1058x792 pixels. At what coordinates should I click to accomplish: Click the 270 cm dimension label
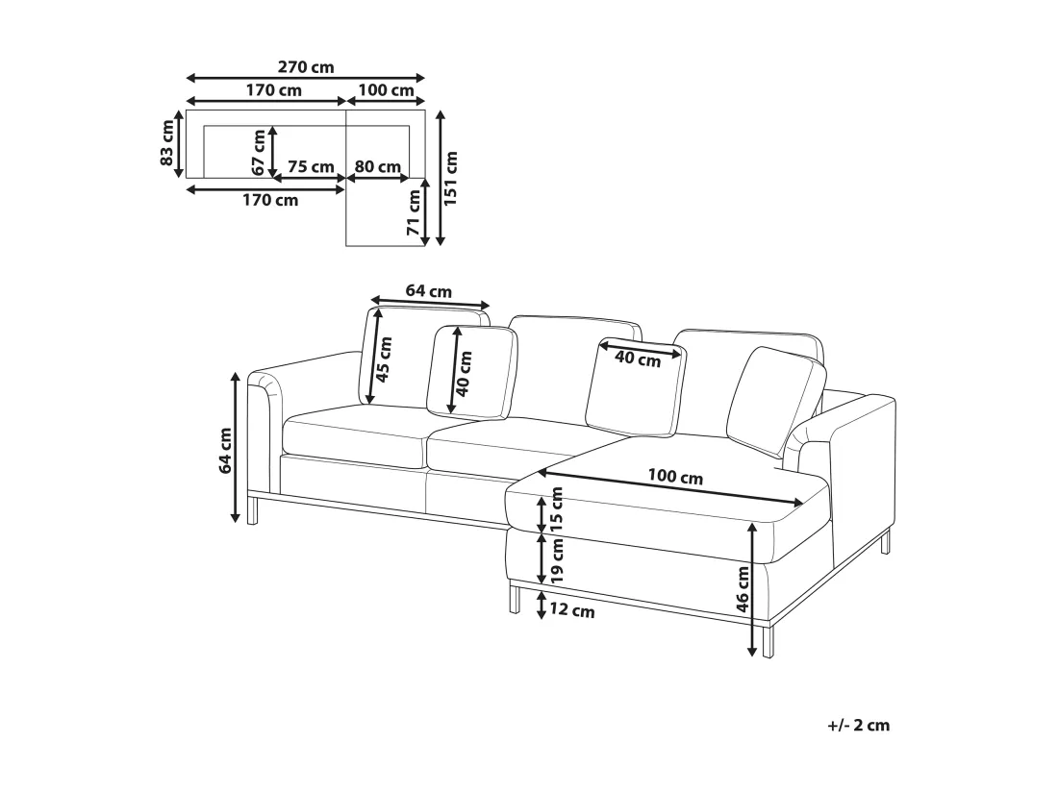click(306, 67)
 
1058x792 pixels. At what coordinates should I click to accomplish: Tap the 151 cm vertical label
click(451, 178)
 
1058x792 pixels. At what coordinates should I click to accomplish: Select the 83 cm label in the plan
click(167, 143)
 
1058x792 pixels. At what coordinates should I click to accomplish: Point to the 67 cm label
click(259, 152)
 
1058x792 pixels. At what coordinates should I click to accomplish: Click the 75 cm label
click(311, 166)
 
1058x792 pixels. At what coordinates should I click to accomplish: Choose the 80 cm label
click(378, 166)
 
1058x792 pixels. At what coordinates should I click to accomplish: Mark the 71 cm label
click(414, 211)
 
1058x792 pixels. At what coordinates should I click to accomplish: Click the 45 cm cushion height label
click(383, 359)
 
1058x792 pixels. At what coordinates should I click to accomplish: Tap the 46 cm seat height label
click(743, 588)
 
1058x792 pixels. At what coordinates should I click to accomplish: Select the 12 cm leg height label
click(572, 611)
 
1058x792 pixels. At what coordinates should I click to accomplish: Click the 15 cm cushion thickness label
click(557, 510)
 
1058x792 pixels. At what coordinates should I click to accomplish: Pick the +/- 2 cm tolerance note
click(858, 726)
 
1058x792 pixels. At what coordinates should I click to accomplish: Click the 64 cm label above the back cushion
click(428, 291)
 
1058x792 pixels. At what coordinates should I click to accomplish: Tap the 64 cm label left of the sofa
click(225, 450)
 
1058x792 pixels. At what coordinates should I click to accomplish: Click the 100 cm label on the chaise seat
click(675, 478)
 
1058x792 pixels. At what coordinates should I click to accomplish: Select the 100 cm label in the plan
click(386, 90)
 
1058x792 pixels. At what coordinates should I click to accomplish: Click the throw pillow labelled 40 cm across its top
click(636, 386)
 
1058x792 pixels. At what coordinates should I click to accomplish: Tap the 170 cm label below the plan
click(270, 200)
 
